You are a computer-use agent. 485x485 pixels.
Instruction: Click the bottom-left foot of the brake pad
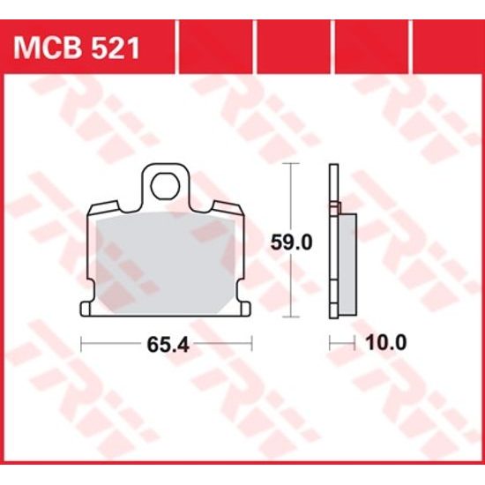[x=88, y=308]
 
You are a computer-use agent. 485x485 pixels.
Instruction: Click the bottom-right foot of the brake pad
[x=242, y=308]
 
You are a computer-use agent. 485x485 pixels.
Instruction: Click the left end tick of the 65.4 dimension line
[x=81, y=343]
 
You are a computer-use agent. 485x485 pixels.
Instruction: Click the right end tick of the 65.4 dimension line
[x=251, y=343]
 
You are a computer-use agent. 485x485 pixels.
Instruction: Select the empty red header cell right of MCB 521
[x=216, y=44]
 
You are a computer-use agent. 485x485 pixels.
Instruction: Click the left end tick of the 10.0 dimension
[x=330, y=343]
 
